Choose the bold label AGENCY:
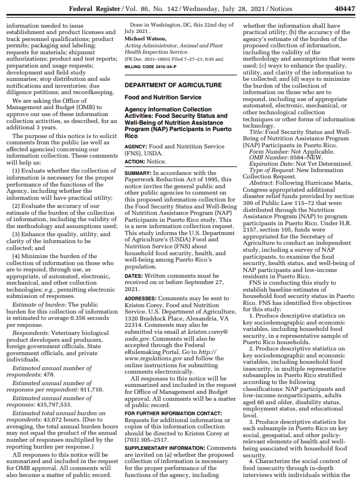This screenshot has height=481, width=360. coord(137,147)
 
